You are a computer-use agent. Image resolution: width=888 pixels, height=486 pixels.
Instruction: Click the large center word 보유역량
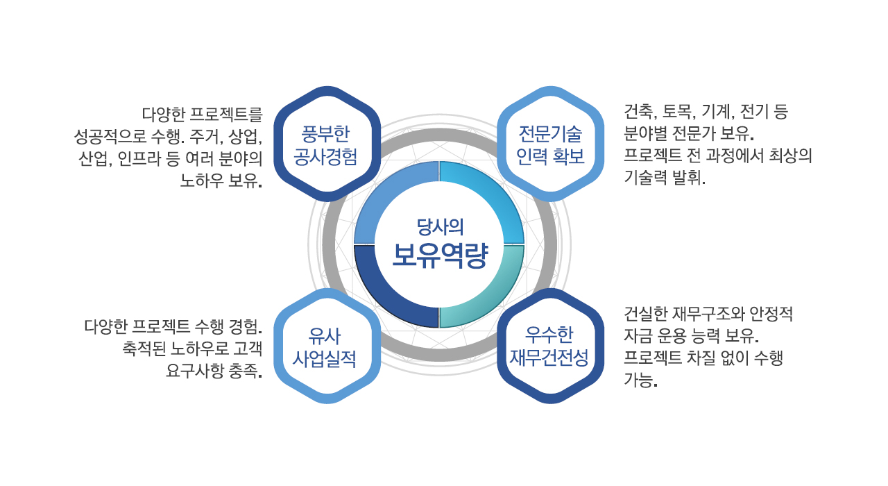click(x=440, y=256)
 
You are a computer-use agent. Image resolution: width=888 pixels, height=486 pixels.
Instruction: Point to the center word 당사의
click(x=440, y=226)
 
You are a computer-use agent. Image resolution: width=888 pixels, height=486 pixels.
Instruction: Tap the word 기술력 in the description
click(x=645, y=176)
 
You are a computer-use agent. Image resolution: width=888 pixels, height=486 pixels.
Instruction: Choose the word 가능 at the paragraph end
click(x=639, y=380)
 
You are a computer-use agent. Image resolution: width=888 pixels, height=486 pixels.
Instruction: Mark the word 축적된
click(x=144, y=349)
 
